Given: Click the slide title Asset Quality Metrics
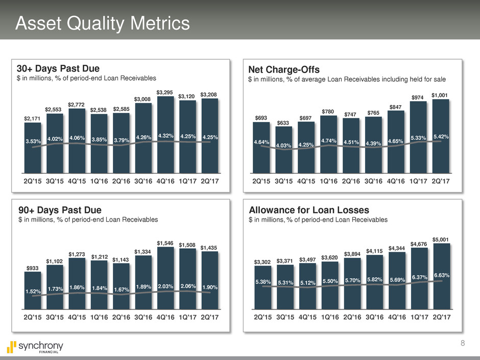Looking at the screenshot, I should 102,23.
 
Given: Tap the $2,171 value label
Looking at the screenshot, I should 32,118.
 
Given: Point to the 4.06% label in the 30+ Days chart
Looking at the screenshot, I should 77,137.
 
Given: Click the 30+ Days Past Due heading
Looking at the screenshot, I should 58,68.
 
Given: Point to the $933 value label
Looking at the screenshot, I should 32,268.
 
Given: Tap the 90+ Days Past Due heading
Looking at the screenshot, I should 58,210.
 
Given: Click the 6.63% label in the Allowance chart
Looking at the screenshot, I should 441,275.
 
